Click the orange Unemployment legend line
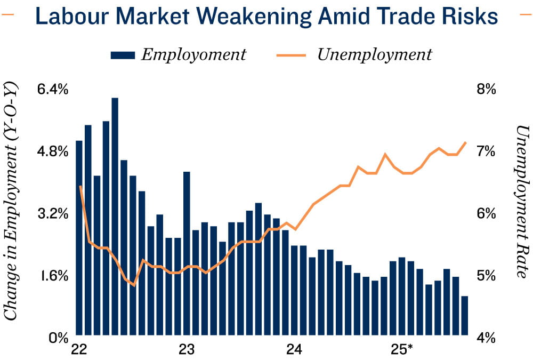[x=291, y=55]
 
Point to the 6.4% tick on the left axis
[x=52, y=89]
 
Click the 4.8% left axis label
[x=52, y=151]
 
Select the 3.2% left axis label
[x=52, y=214]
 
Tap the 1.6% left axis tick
[x=52, y=276]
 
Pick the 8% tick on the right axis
[x=486, y=89]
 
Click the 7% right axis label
[x=486, y=151]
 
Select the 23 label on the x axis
[x=187, y=350]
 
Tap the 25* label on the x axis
[x=403, y=350]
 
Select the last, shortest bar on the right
[x=465, y=315]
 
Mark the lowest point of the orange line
[x=133, y=285]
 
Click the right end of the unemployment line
[x=466, y=142]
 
